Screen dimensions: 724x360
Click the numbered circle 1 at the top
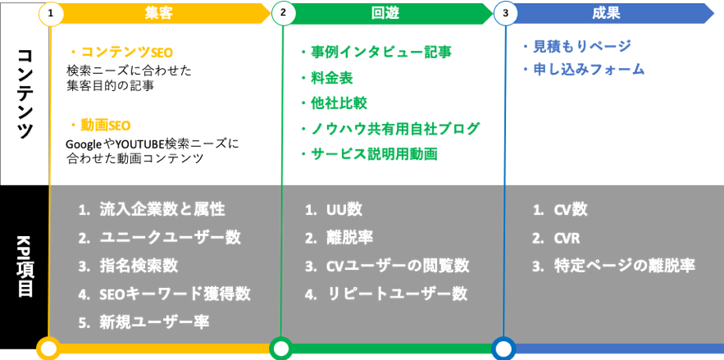coord(50,14)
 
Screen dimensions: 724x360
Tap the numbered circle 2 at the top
coord(283,14)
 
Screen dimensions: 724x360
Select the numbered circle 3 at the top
coord(505,14)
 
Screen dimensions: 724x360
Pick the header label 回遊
coord(385,13)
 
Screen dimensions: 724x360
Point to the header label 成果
coord(605,13)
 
